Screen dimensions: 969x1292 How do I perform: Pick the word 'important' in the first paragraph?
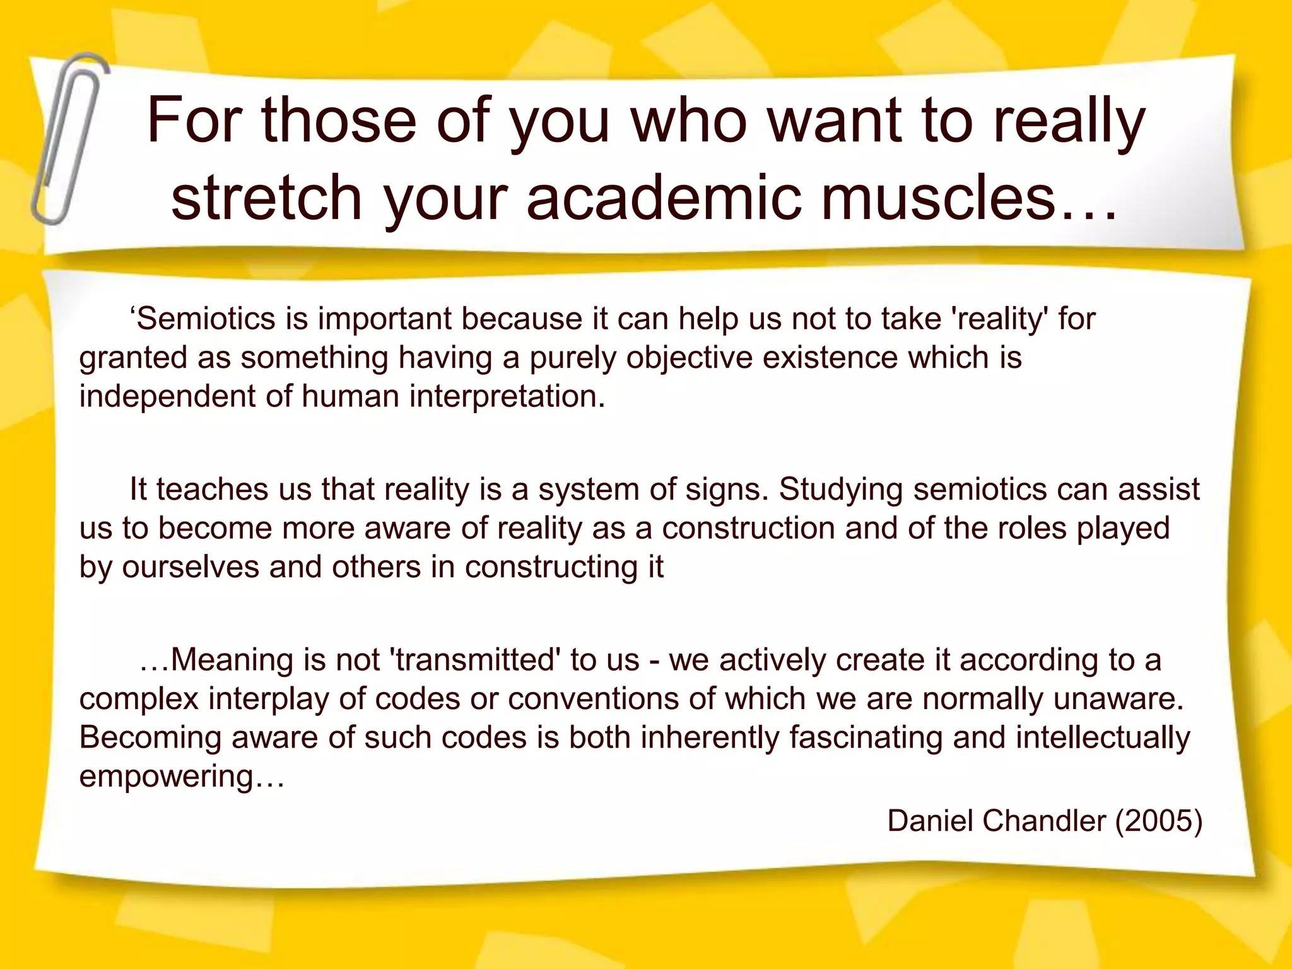tap(384, 319)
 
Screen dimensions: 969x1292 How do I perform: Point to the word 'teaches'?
tap(212, 490)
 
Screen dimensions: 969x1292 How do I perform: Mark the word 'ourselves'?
tap(190, 567)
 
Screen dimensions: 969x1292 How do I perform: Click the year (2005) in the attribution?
tap(1160, 821)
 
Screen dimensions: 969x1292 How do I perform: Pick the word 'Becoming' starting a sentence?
tap(150, 737)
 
